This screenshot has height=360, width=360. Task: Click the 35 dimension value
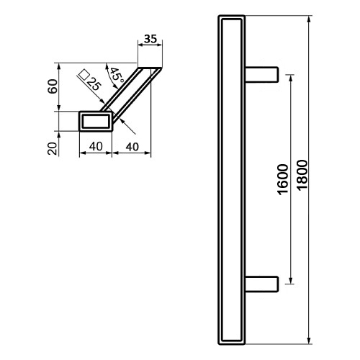click(150, 39)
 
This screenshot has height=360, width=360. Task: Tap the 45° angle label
click(117, 75)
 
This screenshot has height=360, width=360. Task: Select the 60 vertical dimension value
click(53, 86)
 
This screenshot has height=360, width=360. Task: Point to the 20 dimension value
click(53, 148)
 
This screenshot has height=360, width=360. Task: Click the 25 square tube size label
click(93, 84)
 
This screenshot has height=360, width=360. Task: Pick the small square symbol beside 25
click(84, 74)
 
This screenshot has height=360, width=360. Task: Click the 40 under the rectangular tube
click(96, 146)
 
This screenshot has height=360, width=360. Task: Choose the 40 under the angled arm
click(132, 147)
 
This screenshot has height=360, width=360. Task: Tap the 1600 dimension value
click(283, 179)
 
